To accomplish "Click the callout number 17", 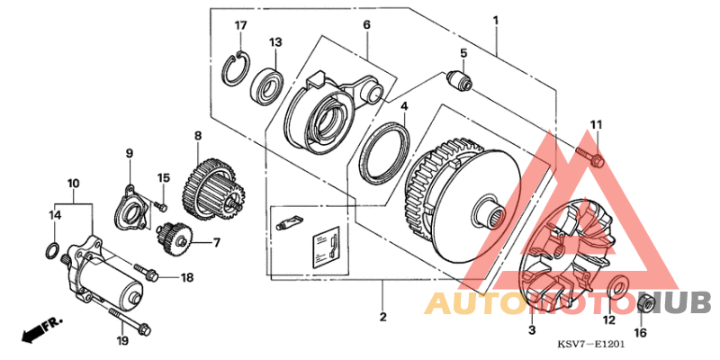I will point(240,24).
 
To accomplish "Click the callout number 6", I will point(367,24).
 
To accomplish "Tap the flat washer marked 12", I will point(617,288).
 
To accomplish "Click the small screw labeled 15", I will point(162,205).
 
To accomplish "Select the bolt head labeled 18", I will point(145,268).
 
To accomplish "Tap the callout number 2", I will point(382,317).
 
